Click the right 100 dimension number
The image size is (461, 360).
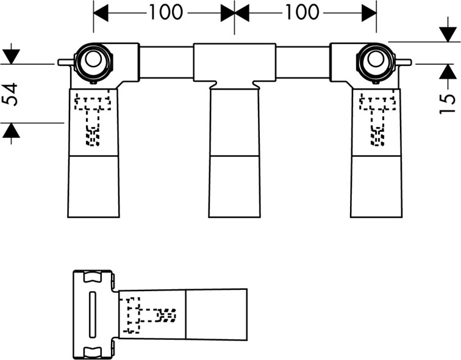pos(302,12)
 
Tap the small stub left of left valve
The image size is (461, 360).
pos(64,62)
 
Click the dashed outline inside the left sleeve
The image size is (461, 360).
pos(93,119)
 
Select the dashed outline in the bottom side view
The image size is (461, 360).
pos(149,314)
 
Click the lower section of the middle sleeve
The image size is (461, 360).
pos(234,185)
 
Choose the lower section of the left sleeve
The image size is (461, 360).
pos(93,185)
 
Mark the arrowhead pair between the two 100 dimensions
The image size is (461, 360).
pos(235,12)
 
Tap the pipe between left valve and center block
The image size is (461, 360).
pos(166,62)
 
